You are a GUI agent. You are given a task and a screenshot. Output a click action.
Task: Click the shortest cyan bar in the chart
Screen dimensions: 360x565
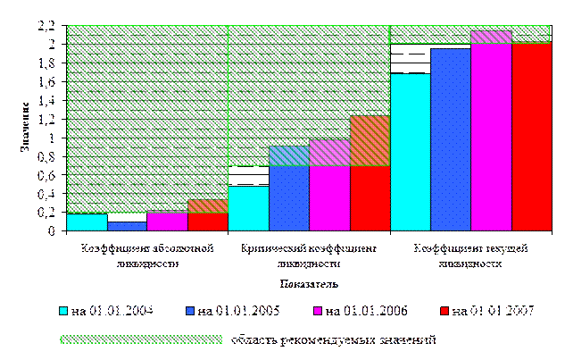tap(87, 222)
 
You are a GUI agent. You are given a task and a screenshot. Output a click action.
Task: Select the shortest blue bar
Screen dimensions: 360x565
tap(127, 226)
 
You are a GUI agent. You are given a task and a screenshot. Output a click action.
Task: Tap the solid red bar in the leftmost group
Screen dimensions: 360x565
tap(208, 222)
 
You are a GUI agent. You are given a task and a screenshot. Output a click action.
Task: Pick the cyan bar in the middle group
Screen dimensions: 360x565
tap(248, 208)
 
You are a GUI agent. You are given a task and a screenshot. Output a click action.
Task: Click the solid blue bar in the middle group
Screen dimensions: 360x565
tap(288, 198)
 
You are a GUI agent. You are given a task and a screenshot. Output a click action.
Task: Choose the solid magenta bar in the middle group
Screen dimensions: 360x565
tap(328, 198)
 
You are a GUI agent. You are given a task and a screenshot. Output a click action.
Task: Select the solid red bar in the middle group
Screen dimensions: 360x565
tap(369, 198)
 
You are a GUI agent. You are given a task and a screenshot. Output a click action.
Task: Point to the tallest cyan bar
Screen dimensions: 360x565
tap(410, 152)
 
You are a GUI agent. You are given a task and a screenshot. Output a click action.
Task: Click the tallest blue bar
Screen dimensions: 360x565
tap(450, 139)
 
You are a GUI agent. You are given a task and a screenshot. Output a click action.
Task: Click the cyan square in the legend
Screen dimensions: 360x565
tap(64, 311)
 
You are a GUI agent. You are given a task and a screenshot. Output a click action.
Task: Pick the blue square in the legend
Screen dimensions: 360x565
tap(191, 311)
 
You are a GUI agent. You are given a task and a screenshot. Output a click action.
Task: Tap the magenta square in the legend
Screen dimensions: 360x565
tap(318, 311)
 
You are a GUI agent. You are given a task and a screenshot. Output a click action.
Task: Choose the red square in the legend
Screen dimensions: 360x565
tap(445, 311)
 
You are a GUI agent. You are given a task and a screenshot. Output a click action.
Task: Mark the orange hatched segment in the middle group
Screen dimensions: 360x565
tap(369, 141)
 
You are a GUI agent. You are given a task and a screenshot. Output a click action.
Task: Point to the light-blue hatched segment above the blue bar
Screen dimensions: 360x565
tap(288, 156)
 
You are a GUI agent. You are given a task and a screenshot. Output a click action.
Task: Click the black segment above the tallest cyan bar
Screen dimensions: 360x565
tap(410, 59)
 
